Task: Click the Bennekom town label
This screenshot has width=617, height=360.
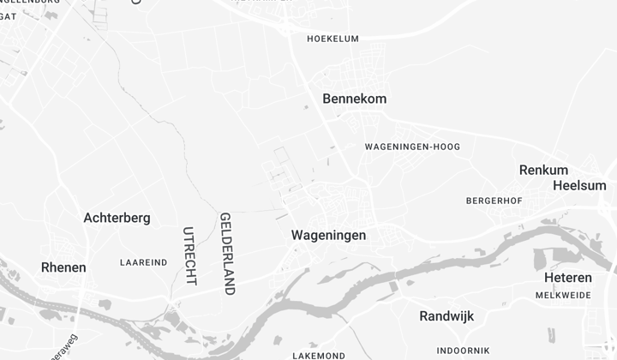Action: point(354,99)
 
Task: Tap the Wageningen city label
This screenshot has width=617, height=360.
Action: point(328,235)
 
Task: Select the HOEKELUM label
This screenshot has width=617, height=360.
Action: point(332,39)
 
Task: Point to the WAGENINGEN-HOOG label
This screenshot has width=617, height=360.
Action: point(412,147)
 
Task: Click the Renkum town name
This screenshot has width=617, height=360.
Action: point(543,170)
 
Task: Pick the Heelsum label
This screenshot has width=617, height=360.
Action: point(579,185)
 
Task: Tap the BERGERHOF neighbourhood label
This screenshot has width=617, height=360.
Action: point(494,201)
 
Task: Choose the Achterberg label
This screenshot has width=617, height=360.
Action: point(117,218)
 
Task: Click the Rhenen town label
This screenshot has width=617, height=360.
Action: point(63,267)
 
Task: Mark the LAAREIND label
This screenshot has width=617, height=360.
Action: point(144,262)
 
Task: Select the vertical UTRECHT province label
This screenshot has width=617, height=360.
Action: point(189,255)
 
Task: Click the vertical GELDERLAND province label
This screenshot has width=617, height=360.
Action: point(227,254)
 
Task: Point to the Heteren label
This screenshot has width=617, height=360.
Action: point(567,278)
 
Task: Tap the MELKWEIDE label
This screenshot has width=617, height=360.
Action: point(563,295)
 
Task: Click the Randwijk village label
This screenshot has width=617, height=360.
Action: point(446,316)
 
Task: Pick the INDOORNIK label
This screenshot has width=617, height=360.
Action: point(463,351)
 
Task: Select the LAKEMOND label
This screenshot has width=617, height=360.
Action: point(319,355)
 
